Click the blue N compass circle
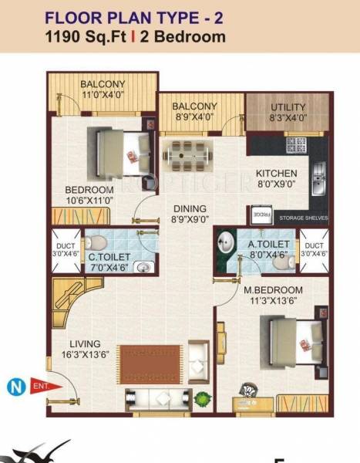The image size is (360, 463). pos(13,384)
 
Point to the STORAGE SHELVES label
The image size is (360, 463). pos(304,218)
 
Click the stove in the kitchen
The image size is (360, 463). pos(297,144)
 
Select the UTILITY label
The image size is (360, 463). pos(288,107)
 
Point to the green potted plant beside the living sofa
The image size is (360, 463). pos(204,398)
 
